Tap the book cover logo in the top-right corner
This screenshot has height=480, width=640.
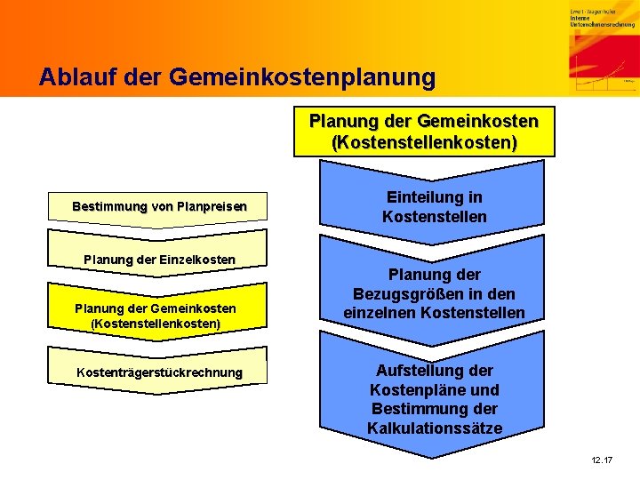(x=604, y=49)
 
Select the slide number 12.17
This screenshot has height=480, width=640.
(x=602, y=460)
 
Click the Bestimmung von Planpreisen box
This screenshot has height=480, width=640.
(x=159, y=207)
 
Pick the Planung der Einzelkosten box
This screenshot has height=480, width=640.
(x=159, y=259)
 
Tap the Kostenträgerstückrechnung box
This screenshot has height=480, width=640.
(x=159, y=372)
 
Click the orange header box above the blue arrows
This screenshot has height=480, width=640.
(x=424, y=132)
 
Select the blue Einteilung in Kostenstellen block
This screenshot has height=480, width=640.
(x=434, y=207)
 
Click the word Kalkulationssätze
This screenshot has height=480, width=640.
(x=434, y=428)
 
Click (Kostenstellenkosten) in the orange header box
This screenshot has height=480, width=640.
(x=424, y=142)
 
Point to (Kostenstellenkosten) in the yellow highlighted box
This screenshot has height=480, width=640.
(x=156, y=324)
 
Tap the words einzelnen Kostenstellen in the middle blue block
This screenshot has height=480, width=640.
(x=434, y=313)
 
